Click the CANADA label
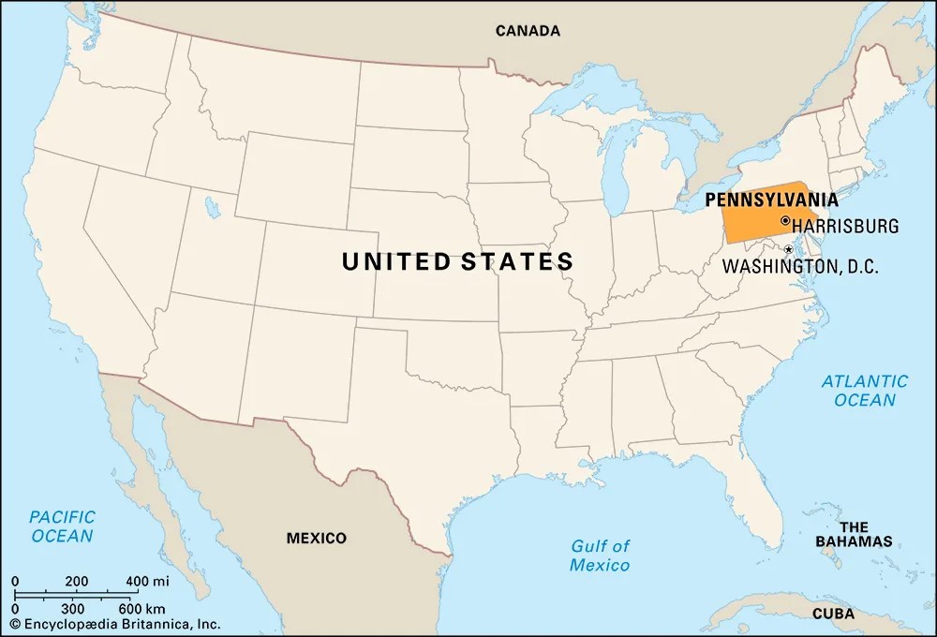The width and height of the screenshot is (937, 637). coord(528,31)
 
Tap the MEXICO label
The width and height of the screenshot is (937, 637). coord(316,538)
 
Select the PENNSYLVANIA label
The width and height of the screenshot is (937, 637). coord(771,199)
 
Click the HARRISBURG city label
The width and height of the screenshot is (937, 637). coord(845,226)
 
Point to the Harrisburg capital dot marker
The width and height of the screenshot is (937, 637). coord(784,221)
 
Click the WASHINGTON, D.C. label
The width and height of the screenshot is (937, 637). coord(799,266)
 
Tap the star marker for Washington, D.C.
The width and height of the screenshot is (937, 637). coord(788,249)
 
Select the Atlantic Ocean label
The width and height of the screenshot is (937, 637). coord(864,390)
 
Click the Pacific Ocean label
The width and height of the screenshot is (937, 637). coord(63,526)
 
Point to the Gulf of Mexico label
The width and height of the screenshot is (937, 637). coord(600,556)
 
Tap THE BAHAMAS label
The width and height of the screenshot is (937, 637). coord(853,533)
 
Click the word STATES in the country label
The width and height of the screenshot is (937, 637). coord(516,261)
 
